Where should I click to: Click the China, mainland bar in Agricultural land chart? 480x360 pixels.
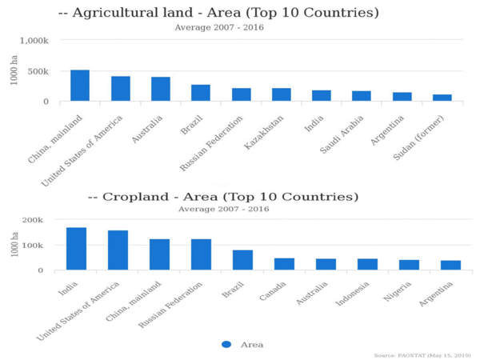click(80, 86)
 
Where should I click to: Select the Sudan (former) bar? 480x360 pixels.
click(442, 98)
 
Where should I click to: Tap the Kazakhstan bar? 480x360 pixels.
click(282, 94)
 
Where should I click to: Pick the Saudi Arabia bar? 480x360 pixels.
click(362, 96)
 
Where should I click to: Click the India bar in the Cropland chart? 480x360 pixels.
click(76, 249)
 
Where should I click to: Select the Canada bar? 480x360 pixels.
click(284, 264)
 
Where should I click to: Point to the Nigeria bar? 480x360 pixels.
click(409, 265)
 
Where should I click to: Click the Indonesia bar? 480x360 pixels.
click(367, 264)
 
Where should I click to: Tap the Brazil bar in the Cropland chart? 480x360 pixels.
click(242, 260)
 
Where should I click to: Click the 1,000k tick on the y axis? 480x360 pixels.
click(34, 41)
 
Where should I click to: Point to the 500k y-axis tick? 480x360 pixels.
click(40, 71)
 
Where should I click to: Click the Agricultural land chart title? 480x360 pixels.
click(218, 14)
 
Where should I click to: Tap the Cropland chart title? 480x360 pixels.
click(222, 197)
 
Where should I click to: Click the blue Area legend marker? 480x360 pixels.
click(226, 344)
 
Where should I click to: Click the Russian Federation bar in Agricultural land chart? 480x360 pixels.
click(242, 94)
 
